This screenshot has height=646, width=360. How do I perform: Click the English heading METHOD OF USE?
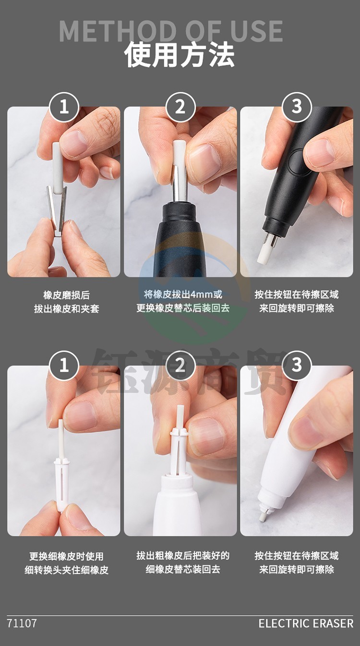coord(170,31)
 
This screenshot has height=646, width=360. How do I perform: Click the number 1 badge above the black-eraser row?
coord(64,107)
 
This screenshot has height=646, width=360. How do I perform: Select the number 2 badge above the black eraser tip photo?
coord(180,107)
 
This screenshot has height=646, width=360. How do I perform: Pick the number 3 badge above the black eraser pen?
coord(297,107)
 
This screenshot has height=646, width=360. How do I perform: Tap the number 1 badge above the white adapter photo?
coord(64,366)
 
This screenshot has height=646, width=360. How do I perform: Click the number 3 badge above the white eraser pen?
coord(297,366)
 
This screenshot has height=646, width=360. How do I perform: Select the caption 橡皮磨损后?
coord(67,295)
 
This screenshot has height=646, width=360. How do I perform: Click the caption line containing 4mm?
coord(183,294)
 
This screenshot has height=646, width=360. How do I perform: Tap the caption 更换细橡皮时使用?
coord(66,556)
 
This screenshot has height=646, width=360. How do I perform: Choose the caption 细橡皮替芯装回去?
coord(183,569)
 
